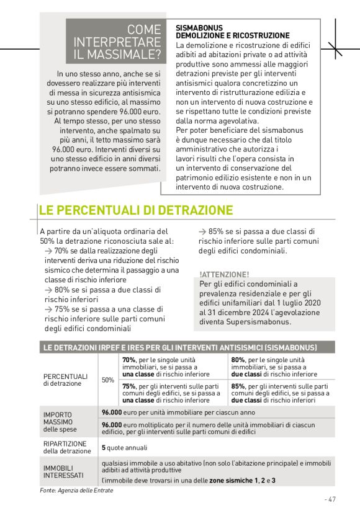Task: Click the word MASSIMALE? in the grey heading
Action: (x=126, y=54)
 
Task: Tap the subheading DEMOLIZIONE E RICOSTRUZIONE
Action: (x=233, y=36)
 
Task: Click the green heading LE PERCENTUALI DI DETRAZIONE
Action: (x=136, y=210)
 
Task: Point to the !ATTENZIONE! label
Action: (x=224, y=274)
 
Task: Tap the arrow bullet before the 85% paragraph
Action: (x=203, y=231)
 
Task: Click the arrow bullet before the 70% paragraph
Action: (x=48, y=251)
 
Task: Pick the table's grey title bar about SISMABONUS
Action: (x=179, y=347)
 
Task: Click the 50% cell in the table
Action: (x=107, y=380)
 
